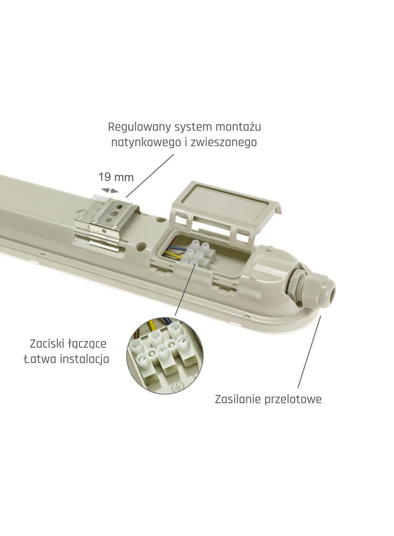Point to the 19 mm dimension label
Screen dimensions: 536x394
(x=116, y=177)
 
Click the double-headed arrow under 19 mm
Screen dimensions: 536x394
(x=111, y=190)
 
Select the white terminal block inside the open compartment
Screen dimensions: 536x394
(x=200, y=253)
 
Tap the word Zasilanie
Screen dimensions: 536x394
(x=236, y=400)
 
